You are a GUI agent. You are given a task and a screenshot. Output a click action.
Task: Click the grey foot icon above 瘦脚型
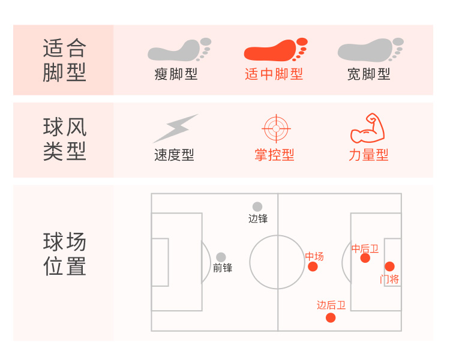point(179,50)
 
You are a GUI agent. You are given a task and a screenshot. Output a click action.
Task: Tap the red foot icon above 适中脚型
point(275,50)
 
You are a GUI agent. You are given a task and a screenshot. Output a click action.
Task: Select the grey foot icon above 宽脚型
point(370,50)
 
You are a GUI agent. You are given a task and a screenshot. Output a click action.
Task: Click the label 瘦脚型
point(176,74)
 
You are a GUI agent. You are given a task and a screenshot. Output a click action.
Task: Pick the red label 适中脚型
point(274,74)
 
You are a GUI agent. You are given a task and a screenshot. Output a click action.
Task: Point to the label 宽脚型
point(369,74)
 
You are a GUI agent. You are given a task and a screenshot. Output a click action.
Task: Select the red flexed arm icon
point(367,128)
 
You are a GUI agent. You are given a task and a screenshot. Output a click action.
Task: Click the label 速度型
point(174,155)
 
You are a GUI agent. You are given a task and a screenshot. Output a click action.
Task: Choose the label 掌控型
point(274,155)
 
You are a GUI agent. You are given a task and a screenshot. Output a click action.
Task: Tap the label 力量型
point(368,155)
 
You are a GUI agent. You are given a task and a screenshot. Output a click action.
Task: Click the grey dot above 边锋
point(257,206)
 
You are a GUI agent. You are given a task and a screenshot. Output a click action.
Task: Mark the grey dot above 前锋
point(221,257)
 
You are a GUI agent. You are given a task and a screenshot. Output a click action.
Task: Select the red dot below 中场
point(313,266)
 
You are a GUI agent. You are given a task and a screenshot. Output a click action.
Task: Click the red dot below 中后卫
point(365,258)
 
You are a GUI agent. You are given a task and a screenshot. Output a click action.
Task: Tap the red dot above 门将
point(389,266)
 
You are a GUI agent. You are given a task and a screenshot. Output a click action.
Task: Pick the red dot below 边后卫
point(331,317)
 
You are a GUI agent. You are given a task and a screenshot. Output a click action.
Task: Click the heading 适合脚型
point(64,60)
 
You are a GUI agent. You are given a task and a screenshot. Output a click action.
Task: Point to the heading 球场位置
point(64,254)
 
